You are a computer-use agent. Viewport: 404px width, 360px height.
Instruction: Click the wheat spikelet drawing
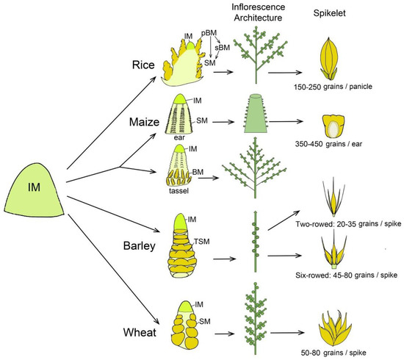point(336,325)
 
